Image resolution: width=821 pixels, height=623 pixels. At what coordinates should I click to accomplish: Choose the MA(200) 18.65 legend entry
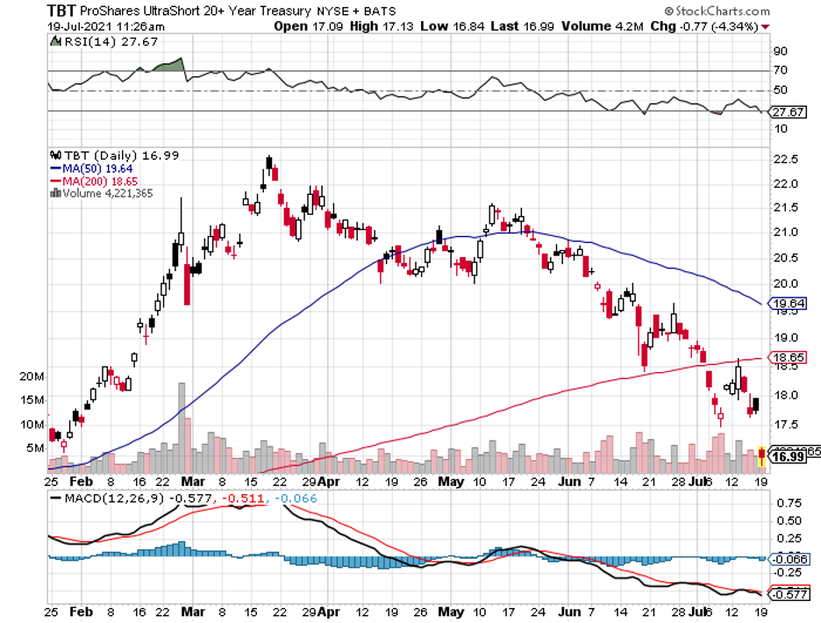(x=97, y=180)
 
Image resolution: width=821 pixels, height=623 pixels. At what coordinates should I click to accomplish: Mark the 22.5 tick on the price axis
(x=786, y=159)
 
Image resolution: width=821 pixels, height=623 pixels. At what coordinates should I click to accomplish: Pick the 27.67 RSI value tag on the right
(x=786, y=112)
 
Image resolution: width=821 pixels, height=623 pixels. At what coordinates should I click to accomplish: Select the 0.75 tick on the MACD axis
(x=786, y=503)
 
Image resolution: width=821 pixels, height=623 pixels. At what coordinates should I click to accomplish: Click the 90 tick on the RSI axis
(x=779, y=51)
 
